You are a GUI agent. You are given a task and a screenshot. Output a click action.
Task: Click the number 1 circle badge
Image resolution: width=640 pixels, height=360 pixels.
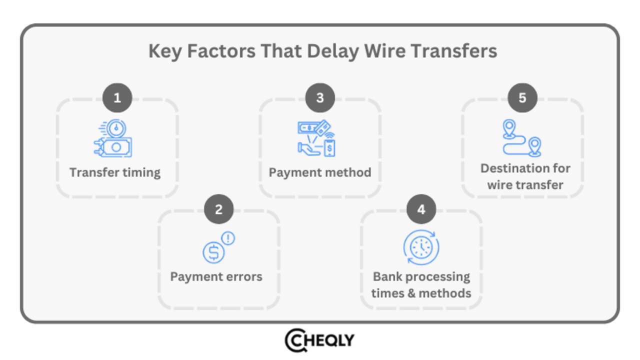[x=117, y=98]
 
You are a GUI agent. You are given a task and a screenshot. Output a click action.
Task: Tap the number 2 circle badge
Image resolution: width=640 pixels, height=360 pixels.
[x=219, y=209]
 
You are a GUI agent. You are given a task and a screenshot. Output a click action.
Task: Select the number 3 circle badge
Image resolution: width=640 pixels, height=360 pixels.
[x=320, y=98]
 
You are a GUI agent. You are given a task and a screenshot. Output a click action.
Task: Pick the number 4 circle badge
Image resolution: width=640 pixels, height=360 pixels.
[x=421, y=209]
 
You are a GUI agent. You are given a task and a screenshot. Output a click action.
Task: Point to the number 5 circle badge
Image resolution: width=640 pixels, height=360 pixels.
[x=522, y=98]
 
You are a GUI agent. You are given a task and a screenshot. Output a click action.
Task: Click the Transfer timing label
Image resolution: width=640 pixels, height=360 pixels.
[x=115, y=172]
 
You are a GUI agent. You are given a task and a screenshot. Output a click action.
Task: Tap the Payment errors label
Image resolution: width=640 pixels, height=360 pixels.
[x=216, y=276]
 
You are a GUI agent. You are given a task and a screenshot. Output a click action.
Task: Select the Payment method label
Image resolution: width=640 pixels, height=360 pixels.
[x=320, y=172]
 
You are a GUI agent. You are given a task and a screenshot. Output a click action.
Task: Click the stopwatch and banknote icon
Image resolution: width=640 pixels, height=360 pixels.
[x=113, y=138]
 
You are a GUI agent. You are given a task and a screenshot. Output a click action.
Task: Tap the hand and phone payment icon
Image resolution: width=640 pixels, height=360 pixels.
[x=316, y=138]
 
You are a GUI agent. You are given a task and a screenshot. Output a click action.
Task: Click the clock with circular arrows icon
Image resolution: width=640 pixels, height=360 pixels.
[x=421, y=247]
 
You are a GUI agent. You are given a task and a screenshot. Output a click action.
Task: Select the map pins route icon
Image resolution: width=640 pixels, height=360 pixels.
[x=521, y=138]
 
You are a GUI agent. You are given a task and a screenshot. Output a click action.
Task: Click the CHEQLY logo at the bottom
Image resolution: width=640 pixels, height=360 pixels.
[x=319, y=341]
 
